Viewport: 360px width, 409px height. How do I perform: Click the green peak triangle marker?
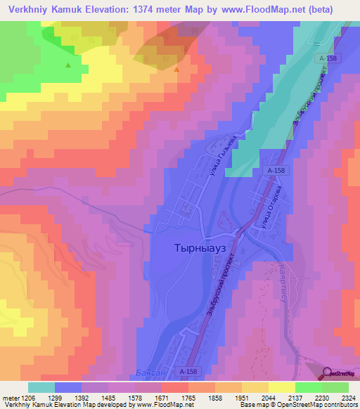pyautogui.click(x=68, y=65)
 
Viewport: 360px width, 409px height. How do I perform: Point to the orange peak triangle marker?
pyautogui.click(x=176, y=69)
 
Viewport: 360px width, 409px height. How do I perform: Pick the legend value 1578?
pyautogui.click(x=133, y=397)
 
